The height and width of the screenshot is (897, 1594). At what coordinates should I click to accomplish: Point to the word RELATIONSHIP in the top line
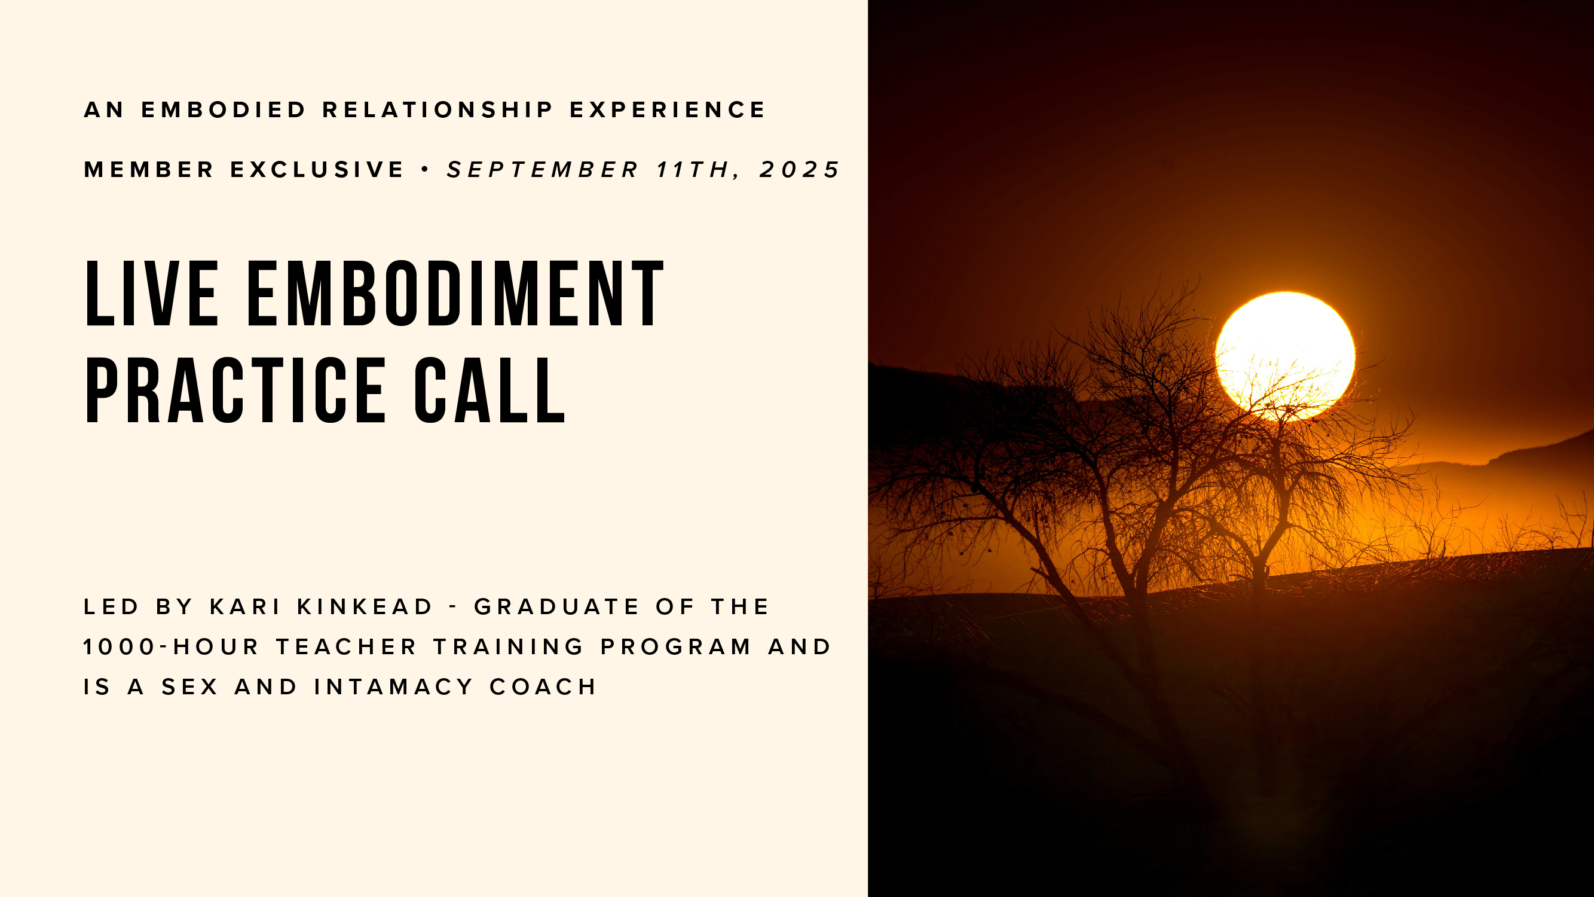438,110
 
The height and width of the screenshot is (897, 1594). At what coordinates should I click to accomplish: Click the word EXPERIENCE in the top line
668,110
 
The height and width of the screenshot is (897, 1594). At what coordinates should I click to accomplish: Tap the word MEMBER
149,170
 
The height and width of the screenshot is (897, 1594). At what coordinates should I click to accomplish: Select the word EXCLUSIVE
317,170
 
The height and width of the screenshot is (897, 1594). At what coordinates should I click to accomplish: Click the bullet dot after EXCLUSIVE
425,169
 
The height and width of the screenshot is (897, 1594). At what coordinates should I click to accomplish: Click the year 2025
800,170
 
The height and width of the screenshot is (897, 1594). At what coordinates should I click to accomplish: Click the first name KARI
246,606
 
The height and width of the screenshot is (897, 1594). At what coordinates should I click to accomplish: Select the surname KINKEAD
365,606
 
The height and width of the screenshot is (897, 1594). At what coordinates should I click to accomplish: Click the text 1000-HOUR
172,647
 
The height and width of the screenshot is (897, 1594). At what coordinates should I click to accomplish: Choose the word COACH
543,687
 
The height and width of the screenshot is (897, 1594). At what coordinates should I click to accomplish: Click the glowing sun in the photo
1285,355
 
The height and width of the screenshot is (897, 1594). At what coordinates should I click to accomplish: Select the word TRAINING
509,647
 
